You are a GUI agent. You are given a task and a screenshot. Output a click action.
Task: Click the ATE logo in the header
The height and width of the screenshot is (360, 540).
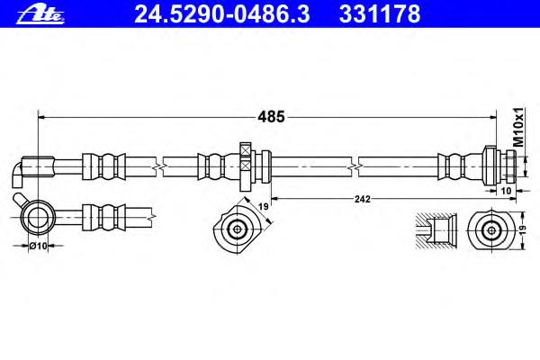click(x=40, y=14)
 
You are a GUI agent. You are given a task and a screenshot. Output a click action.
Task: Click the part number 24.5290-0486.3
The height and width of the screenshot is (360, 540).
click(x=222, y=14)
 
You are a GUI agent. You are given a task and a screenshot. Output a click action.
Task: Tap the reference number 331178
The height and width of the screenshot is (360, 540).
click(x=380, y=14)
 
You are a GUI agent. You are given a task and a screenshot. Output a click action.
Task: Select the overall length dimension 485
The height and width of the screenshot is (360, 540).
click(x=272, y=117)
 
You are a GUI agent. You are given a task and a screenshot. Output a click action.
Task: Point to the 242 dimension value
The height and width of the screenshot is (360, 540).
click(x=363, y=199)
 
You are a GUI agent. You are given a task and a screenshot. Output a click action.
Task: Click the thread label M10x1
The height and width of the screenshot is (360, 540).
click(x=518, y=126)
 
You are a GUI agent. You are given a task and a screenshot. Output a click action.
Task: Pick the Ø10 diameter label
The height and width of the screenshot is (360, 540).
click(x=38, y=246)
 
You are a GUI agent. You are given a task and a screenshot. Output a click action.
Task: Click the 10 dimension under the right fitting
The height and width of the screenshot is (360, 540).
click(x=506, y=191)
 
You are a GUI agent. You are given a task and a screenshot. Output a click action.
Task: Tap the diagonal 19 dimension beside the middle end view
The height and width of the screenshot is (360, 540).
click(x=264, y=207)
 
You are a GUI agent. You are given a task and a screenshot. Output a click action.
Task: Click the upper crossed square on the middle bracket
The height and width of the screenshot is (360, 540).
click(x=245, y=150)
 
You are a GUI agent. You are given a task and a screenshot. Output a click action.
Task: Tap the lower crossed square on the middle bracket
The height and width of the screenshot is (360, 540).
click(x=245, y=166)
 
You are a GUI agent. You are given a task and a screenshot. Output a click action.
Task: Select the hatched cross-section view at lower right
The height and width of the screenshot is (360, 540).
click(x=436, y=229)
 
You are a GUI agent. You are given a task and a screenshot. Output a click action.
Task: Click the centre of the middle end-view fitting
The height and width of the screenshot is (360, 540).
click(x=238, y=229)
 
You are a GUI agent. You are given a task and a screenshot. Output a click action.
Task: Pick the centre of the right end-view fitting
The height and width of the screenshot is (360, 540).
click(x=491, y=229)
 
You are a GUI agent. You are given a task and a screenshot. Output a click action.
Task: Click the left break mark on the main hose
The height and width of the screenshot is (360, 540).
click(x=158, y=166)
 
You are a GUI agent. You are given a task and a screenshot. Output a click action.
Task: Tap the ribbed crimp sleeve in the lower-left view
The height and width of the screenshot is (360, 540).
click(x=104, y=218)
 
